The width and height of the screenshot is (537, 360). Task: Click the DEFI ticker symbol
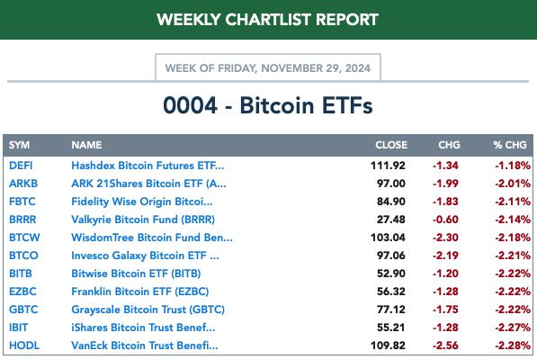21,166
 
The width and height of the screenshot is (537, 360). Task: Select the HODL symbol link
24,346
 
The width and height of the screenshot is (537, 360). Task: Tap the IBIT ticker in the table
18,328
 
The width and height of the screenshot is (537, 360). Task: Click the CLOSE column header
391,145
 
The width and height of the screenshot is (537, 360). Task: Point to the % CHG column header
510,145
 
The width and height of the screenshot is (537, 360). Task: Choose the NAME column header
86,145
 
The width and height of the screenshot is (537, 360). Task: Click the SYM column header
19,145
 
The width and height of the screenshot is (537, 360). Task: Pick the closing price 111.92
388,166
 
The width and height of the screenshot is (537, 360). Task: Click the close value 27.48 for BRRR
390,220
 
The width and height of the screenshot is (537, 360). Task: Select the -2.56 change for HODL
445,346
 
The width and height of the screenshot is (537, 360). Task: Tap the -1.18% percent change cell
513,166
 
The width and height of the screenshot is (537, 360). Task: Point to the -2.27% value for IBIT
513,328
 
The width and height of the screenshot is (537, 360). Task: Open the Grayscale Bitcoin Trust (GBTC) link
148,310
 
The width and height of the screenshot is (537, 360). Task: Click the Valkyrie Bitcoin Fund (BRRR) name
143,220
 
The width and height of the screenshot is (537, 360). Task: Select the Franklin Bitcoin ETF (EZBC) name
139,292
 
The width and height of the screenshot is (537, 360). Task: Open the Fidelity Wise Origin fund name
142,202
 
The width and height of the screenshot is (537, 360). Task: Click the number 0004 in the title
190,105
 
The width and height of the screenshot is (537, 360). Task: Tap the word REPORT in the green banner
347,20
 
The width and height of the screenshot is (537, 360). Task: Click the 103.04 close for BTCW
388,238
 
